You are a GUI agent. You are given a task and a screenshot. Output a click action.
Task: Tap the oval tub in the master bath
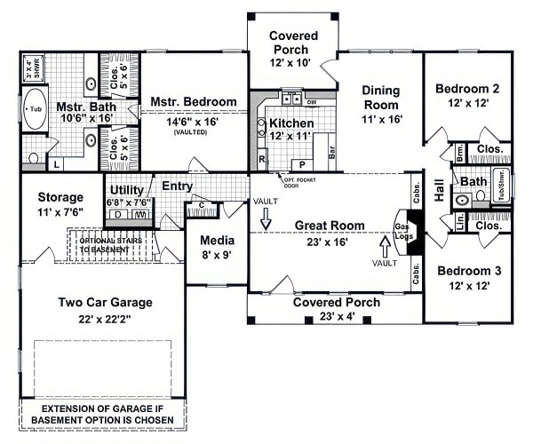(x=36, y=108)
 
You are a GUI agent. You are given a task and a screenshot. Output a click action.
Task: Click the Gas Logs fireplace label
(x=401, y=231)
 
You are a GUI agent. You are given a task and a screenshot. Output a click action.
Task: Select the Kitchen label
(x=289, y=123)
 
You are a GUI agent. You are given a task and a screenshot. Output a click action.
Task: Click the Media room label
(x=216, y=240)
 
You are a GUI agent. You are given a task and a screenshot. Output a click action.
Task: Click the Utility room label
(x=128, y=189)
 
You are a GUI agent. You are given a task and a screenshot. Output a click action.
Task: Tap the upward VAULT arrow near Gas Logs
(x=385, y=242)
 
